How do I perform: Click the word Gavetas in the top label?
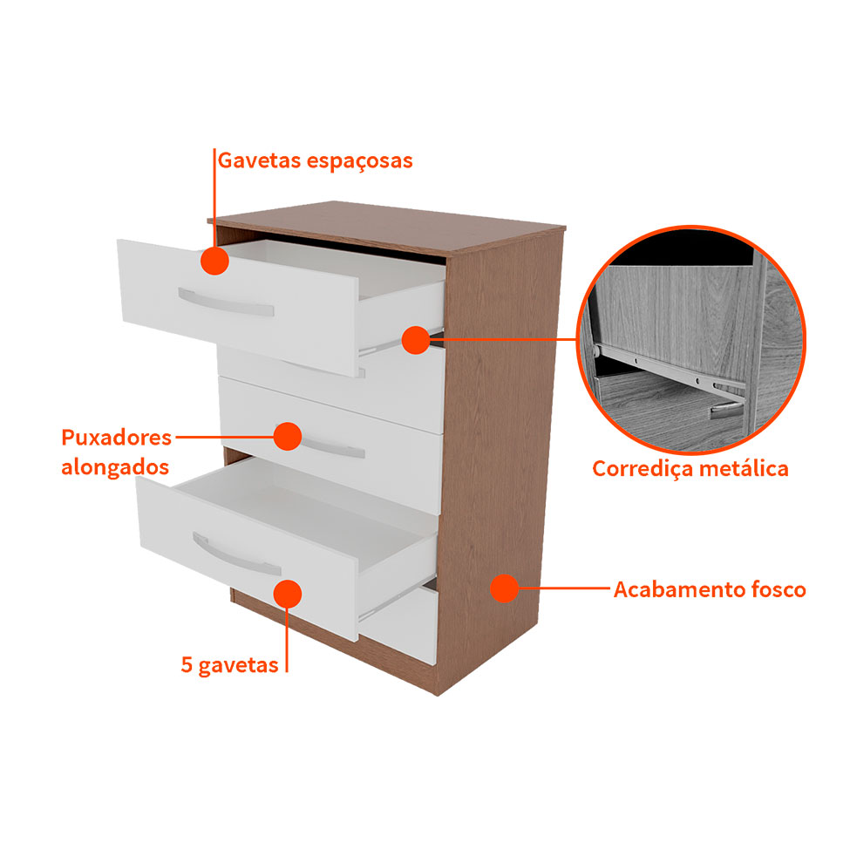pyautogui.click(x=259, y=161)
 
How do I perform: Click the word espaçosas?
pyautogui.click(x=360, y=161)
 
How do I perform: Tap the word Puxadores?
pyautogui.click(x=117, y=438)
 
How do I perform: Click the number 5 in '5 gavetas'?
pyautogui.click(x=187, y=664)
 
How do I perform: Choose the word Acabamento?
pyautogui.click(x=679, y=589)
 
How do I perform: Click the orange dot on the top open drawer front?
pyautogui.click(x=214, y=261)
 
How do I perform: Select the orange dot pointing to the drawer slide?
pyautogui.click(x=416, y=340)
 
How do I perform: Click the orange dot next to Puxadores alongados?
pyautogui.click(x=288, y=437)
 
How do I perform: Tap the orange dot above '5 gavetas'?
pyautogui.click(x=288, y=595)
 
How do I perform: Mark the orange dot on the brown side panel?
pyautogui.click(x=504, y=588)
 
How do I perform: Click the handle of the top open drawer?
pyautogui.click(x=226, y=303)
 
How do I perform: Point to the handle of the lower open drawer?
pyautogui.click(x=236, y=554)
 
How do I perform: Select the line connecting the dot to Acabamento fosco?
pyautogui.click(x=564, y=588)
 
